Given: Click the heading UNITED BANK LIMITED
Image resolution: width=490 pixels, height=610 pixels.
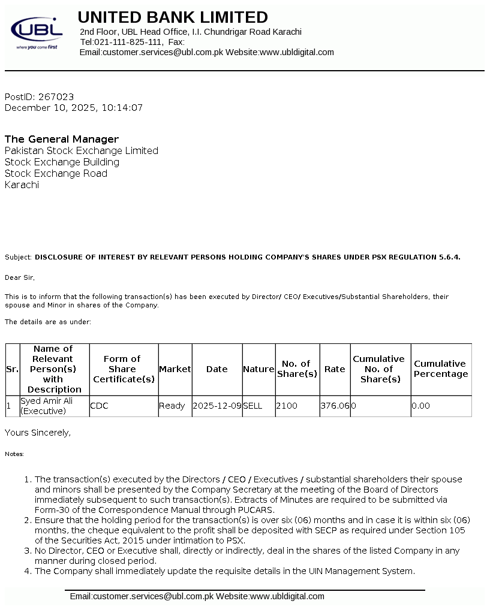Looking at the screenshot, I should pyautogui.click(x=173, y=17).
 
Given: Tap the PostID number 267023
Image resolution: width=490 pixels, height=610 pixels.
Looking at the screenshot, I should pyautogui.click(x=56, y=96).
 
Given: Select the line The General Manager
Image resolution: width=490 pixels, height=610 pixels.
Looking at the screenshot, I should pyautogui.click(x=62, y=139).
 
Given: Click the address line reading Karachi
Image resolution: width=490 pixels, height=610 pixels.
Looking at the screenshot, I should pyautogui.click(x=22, y=185).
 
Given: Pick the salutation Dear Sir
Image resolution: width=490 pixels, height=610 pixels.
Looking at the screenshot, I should pyautogui.click(x=20, y=277).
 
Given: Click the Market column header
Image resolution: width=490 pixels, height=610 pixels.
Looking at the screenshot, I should pyautogui.click(x=175, y=369).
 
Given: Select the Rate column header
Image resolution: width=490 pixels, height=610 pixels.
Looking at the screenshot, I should pyautogui.click(x=335, y=369).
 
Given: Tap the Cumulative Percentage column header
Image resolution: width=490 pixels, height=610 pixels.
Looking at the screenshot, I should pyautogui.click(x=441, y=369).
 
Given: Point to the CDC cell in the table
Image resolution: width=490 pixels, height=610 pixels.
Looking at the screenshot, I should pyautogui.click(x=99, y=406).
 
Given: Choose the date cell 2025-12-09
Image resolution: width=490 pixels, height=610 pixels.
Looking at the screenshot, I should pyautogui.click(x=217, y=406).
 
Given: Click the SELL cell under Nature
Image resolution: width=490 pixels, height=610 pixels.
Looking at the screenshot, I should pyautogui.click(x=252, y=406).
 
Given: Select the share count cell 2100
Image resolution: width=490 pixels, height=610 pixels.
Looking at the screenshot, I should pyautogui.click(x=287, y=406).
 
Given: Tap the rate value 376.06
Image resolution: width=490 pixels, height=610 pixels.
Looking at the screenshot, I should pyautogui.click(x=335, y=406).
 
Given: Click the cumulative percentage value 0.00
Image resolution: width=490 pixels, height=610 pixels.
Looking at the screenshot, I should pyautogui.click(x=421, y=406).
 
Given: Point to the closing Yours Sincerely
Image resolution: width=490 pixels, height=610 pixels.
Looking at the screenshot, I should pyautogui.click(x=37, y=432).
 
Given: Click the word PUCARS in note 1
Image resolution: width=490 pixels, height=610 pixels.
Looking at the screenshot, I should pyautogui.click(x=258, y=509).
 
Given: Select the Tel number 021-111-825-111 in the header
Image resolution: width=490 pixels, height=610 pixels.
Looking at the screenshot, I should pyautogui.click(x=128, y=42).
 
